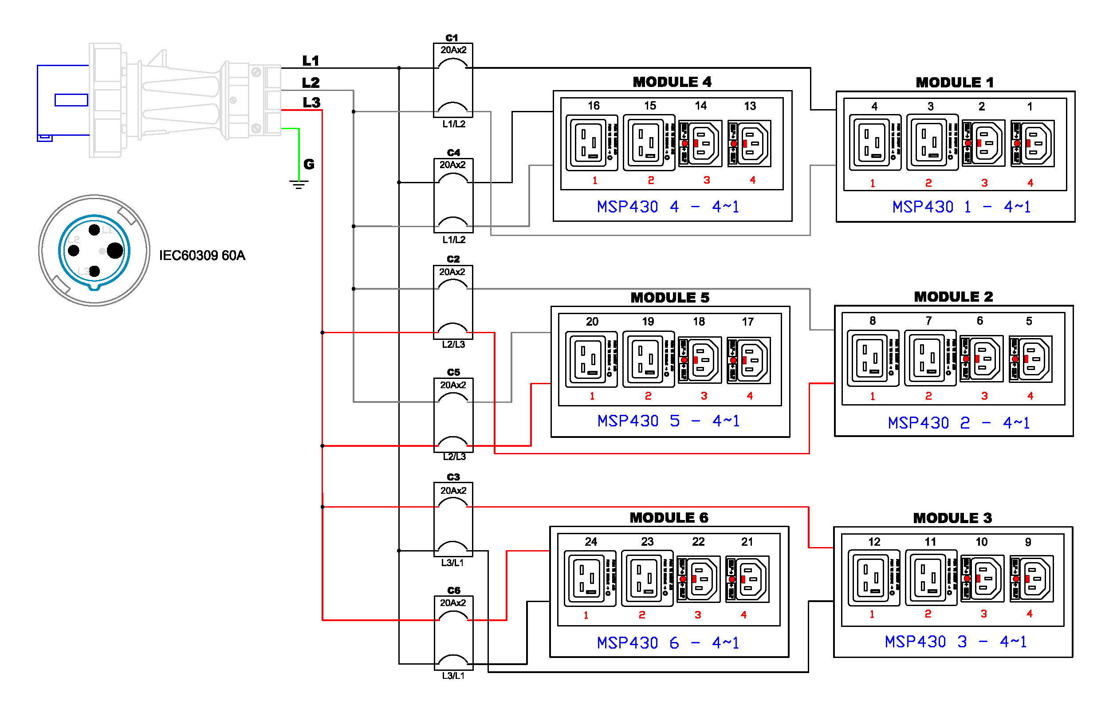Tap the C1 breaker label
(x=452, y=38)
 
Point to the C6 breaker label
(x=453, y=591)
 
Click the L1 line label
(x=311, y=60)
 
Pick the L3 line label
(x=311, y=102)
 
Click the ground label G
(x=309, y=164)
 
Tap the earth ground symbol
(x=299, y=185)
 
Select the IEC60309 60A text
(x=202, y=256)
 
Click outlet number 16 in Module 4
(x=594, y=106)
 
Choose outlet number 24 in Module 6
(x=591, y=541)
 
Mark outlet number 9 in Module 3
(x=1028, y=542)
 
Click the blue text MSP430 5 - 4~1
(x=669, y=421)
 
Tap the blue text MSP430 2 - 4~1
(x=959, y=422)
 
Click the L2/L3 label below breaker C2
(x=453, y=344)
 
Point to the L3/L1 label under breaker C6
(x=453, y=675)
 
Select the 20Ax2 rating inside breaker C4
(x=452, y=165)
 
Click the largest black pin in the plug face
(x=114, y=251)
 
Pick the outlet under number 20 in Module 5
(x=591, y=359)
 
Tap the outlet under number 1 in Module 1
(x=1032, y=143)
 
